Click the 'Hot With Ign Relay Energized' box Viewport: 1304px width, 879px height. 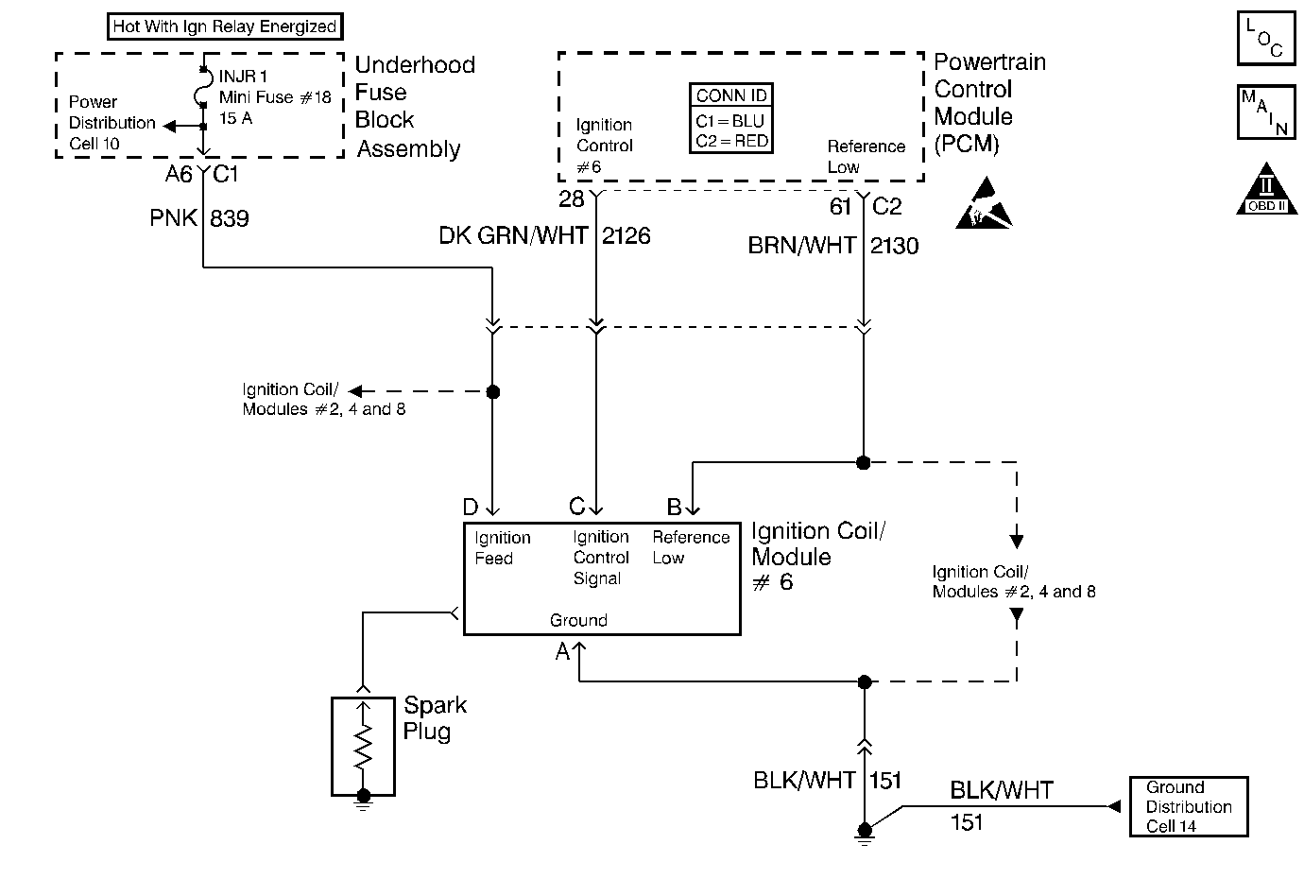(224, 26)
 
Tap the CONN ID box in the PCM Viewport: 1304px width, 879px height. (731, 119)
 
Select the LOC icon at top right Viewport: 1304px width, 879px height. (1265, 39)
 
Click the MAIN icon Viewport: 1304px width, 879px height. (1265, 112)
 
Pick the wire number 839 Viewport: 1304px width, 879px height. (229, 218)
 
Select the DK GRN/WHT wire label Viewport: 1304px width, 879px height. (513, 235)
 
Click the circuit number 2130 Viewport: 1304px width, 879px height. (894, 246)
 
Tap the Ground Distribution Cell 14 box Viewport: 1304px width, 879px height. (1188, 806)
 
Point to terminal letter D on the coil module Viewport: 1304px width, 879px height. (470, 508)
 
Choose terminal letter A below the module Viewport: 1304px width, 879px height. (562, 651)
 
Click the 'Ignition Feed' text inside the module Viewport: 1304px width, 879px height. (502, 548)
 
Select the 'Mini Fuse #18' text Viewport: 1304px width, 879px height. (274, 97)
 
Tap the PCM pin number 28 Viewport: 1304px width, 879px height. (571, 200)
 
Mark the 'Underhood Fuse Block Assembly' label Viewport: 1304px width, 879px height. (414, 107)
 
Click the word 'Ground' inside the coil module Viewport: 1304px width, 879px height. (578, 620)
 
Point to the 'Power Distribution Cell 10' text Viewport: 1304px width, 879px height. (111, 123)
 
